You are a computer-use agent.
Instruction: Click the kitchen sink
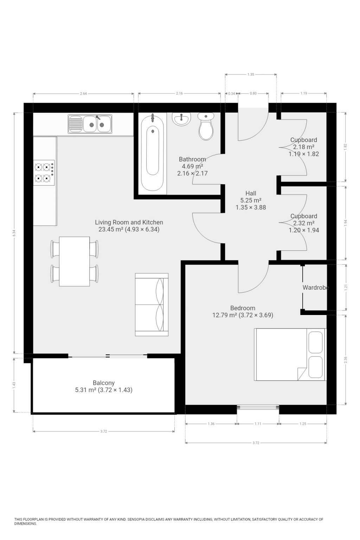90,124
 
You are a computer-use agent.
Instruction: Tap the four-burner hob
44,173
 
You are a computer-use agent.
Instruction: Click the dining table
74,261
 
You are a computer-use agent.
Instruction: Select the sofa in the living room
152,304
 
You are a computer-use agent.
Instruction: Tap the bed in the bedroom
290,354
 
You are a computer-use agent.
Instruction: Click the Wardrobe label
316,287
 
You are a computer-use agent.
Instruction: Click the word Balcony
104,383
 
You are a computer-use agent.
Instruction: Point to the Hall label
251,193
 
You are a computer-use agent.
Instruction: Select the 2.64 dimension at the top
83,94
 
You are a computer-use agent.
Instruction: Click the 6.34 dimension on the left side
14,233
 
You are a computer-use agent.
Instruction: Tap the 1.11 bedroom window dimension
258,424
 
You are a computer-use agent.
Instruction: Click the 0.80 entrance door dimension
253,93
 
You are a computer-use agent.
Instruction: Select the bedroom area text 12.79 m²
225,315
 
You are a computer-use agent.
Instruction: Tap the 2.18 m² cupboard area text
304,147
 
